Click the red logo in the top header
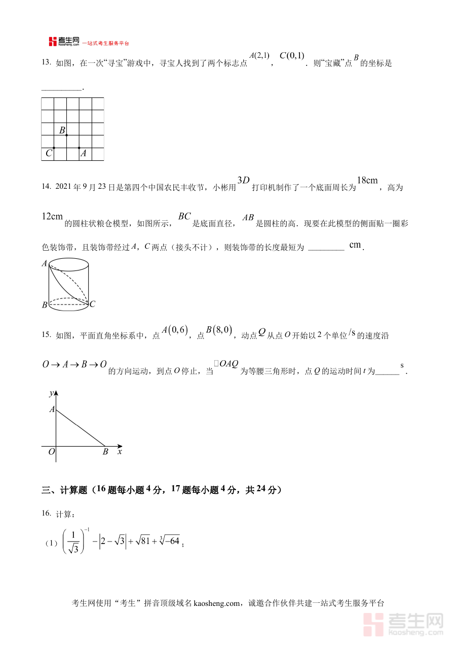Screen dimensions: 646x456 (x=53, y=42)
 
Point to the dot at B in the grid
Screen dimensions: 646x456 (x=66, y=135)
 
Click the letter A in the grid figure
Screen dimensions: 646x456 (x=84, y=153)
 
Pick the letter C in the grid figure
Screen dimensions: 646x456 (x=48, y=153)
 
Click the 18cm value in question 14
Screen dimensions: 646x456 (x=367, y=181)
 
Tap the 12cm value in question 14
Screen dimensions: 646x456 (x=52, y=217)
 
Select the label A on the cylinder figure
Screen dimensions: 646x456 (x=45, y=263)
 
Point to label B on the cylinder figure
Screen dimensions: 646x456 (x=45, y=305)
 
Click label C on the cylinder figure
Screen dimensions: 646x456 (x=92, y=304)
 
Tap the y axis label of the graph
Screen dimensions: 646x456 (x=51, y=393)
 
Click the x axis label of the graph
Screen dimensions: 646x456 (x=120, y=451)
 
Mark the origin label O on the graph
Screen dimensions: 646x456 (x=51, y=452)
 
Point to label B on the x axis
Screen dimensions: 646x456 (x=105, y=452)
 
